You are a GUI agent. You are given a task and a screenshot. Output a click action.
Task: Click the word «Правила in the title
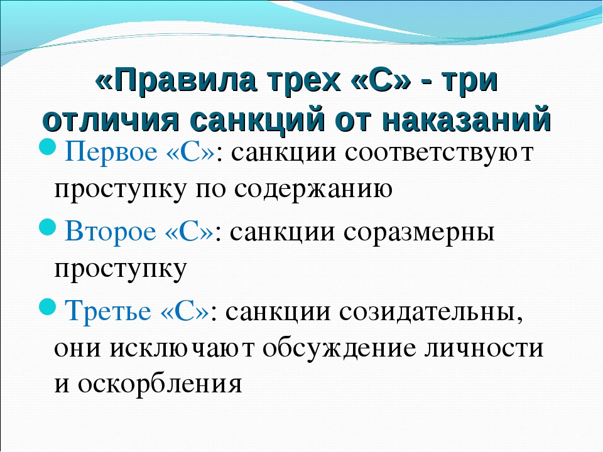point(175,80)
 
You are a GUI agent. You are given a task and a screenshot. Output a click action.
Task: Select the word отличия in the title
point(111,120)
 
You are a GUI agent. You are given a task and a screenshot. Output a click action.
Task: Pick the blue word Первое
point(111,151)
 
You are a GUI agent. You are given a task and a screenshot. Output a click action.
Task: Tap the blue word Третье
point(108,310)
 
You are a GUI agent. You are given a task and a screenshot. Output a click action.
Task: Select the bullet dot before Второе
point(48,227)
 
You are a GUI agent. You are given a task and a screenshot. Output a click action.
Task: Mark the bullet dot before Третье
point(48,307)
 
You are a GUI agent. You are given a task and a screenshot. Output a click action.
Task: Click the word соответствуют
point(439,152)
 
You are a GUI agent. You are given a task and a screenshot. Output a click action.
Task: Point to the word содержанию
point(313,189)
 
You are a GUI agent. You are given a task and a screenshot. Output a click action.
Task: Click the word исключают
point(182,348)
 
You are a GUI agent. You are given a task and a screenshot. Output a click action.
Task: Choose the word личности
point(484,348)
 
